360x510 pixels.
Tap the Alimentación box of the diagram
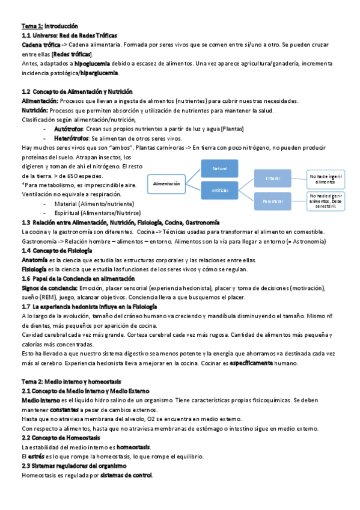[166, 183]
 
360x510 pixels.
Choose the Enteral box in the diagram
[273, 178]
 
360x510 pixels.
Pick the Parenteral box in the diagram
[273, 201]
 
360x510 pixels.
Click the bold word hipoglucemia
[92, 63]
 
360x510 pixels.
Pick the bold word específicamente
[248, 364]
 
